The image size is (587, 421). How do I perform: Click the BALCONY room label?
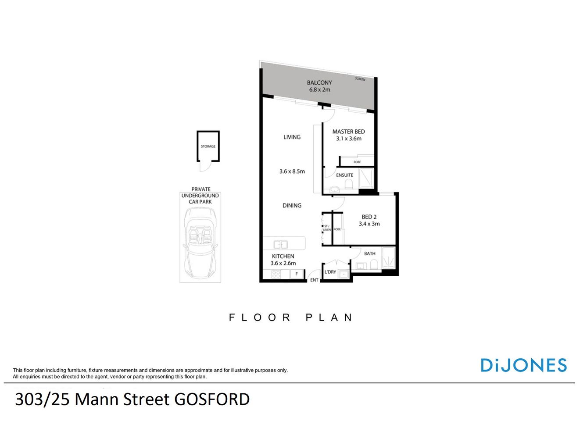click(x=319, y=83)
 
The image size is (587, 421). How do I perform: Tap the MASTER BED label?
click(x=348, y=132)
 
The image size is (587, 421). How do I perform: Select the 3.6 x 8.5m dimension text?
click(x=292, y=171)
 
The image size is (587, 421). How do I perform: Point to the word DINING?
click(x=292, y=205)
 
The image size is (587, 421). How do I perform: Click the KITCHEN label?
click(x=283, y=256)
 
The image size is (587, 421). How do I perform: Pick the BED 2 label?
click(x=369, y=217)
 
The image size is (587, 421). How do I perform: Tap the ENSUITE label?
click(x=344, y=175)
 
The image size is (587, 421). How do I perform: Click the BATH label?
click(x=370, y=253)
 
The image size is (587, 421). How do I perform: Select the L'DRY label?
click(x=330, y=272)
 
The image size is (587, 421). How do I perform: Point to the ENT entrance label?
click(x=314, y=280)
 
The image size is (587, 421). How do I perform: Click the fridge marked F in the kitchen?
click(x=297, y=274)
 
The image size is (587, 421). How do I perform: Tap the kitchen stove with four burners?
click(x=276, y=274)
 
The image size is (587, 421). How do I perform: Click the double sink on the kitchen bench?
click(x=280, y=244)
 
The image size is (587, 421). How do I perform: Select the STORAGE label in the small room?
click(x=208, y=146)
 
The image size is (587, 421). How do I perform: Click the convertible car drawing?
click(x=200, y=241)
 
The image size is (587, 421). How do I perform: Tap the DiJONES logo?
click(x=523, y=365)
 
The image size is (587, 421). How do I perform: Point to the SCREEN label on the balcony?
click(x=360, y=79)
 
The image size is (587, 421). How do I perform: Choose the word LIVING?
click(x=292, y=137)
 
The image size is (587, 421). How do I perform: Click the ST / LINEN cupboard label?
click(x=326, y=228)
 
